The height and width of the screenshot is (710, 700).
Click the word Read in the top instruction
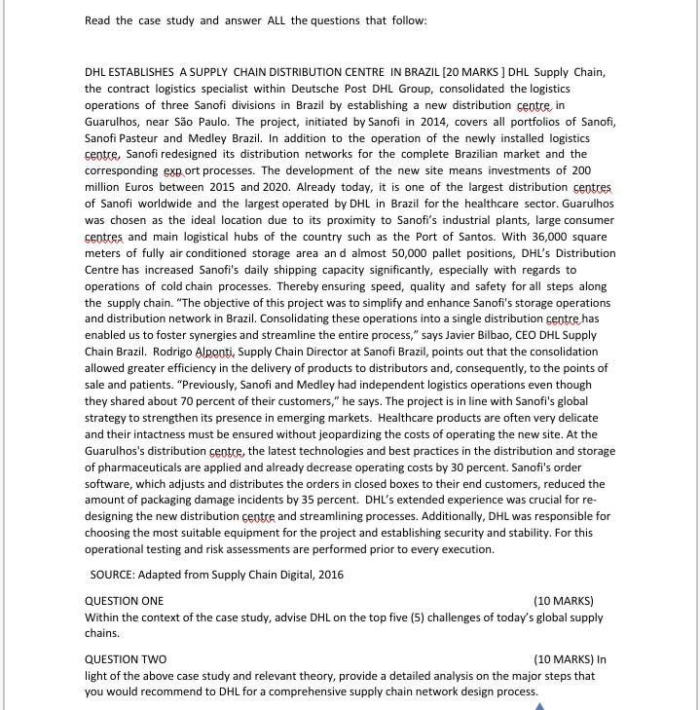(x=98, y=20)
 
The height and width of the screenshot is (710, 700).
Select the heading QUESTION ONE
(x=125, y=600)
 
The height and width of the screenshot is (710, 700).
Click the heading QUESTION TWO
(x=126, y=658)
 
